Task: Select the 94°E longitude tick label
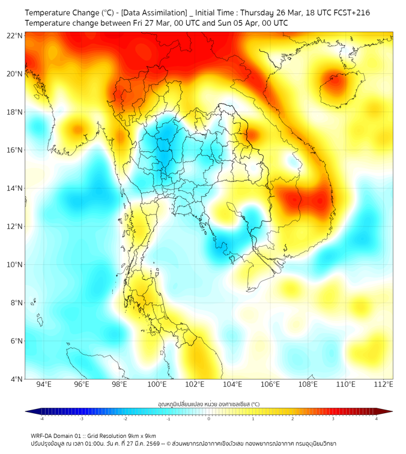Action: [x=44, y=384]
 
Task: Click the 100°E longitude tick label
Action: [x=157, y=384]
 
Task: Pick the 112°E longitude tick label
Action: [x=383, y=384]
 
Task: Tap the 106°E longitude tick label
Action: [x=270, y=384]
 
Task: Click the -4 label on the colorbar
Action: [x=41, y=419]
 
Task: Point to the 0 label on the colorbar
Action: [x=209, y=419]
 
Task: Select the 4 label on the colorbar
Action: [x=377, y=419]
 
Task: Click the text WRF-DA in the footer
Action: [x=42, y=435]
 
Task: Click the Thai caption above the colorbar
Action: [x=208, y=404]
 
